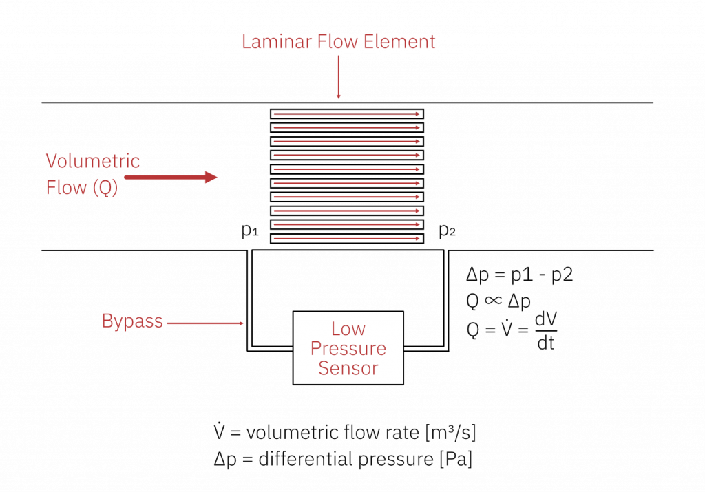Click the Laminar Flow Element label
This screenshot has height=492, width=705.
(338, 42)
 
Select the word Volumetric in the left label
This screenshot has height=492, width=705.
(93, 162)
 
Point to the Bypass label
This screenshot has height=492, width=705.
(132, 321)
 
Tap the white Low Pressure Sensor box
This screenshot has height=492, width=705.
(348, 347)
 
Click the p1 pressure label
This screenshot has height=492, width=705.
(249, 231)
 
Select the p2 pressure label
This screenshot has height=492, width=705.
(448, 231)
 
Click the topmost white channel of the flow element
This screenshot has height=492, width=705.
(347, 114)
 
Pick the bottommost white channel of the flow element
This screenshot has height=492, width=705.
(347, 238)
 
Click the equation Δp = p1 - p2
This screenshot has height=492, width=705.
(520, 275)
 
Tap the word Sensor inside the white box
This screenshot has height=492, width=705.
(348, 368)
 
